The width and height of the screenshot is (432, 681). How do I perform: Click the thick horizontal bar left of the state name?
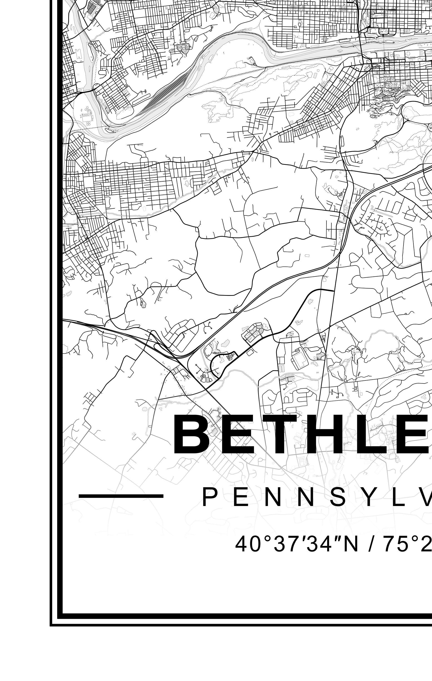(x=121, y=496)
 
